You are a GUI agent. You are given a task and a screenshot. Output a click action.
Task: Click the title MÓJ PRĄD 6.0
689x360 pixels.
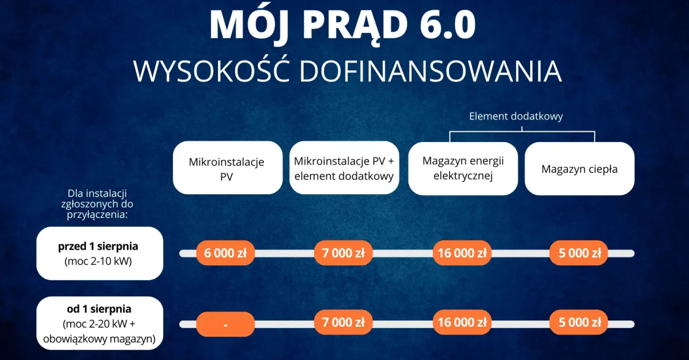[x=343, y=24]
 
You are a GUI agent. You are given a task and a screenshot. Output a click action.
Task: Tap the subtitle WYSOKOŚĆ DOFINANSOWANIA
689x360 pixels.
[x=347, y=71]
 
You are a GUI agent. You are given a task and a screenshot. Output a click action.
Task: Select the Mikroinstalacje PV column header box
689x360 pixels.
[x=227, y=168]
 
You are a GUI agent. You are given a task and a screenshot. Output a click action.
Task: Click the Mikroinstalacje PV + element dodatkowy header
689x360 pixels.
[x=344, y=168]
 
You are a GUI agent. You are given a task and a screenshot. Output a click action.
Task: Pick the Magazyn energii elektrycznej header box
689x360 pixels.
[x=463, y=168]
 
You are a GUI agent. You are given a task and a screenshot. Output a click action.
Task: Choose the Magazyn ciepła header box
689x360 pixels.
[x=579, y=169]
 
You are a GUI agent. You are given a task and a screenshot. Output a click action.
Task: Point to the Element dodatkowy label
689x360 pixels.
[x=516, y=116]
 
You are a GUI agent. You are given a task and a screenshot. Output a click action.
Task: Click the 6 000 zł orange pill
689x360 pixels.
[x=225, y=253]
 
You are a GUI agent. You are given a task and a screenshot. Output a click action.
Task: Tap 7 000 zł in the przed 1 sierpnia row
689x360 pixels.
[x=343, y=253]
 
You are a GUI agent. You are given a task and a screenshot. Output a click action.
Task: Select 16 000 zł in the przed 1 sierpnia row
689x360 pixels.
[x=462, y=253]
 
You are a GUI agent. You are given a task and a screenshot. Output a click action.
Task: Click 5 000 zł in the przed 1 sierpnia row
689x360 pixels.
[x=579, y=253]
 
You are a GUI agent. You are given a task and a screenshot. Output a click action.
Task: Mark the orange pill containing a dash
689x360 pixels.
[x=225, y=324]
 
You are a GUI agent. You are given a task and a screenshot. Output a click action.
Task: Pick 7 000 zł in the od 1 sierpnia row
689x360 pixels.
[x=343, y=323]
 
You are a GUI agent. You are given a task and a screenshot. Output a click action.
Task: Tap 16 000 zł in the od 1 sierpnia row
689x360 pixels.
[x=462, y=323]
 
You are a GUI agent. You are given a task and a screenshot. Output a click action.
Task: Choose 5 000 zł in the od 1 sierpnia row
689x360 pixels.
[x=579, y=323]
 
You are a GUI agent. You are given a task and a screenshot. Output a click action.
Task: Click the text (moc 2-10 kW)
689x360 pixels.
[x=99, y=262]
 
